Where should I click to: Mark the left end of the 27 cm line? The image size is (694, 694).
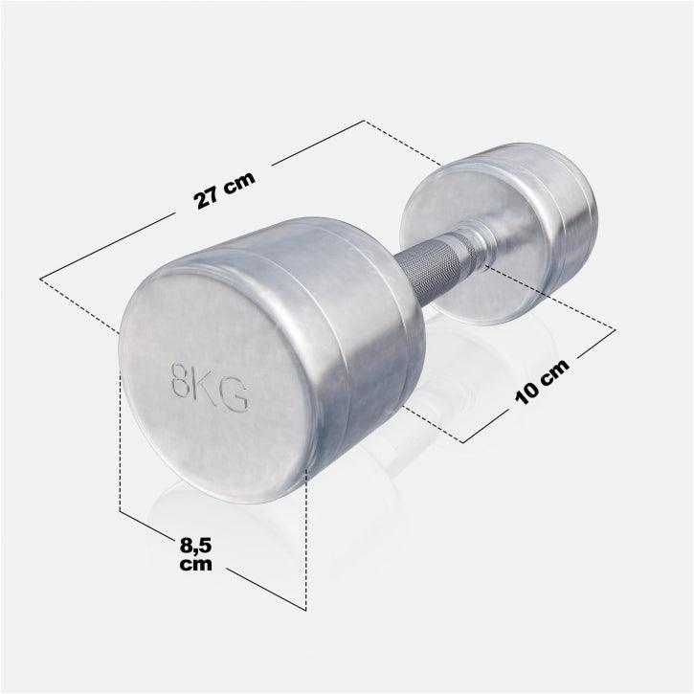click(x=40, y=279)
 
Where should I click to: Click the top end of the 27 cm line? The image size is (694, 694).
click(x=365, y=121)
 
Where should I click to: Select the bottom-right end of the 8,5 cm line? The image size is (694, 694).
click(x=304, y=609)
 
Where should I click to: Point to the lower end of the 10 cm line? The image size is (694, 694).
click(x=464, y=442)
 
